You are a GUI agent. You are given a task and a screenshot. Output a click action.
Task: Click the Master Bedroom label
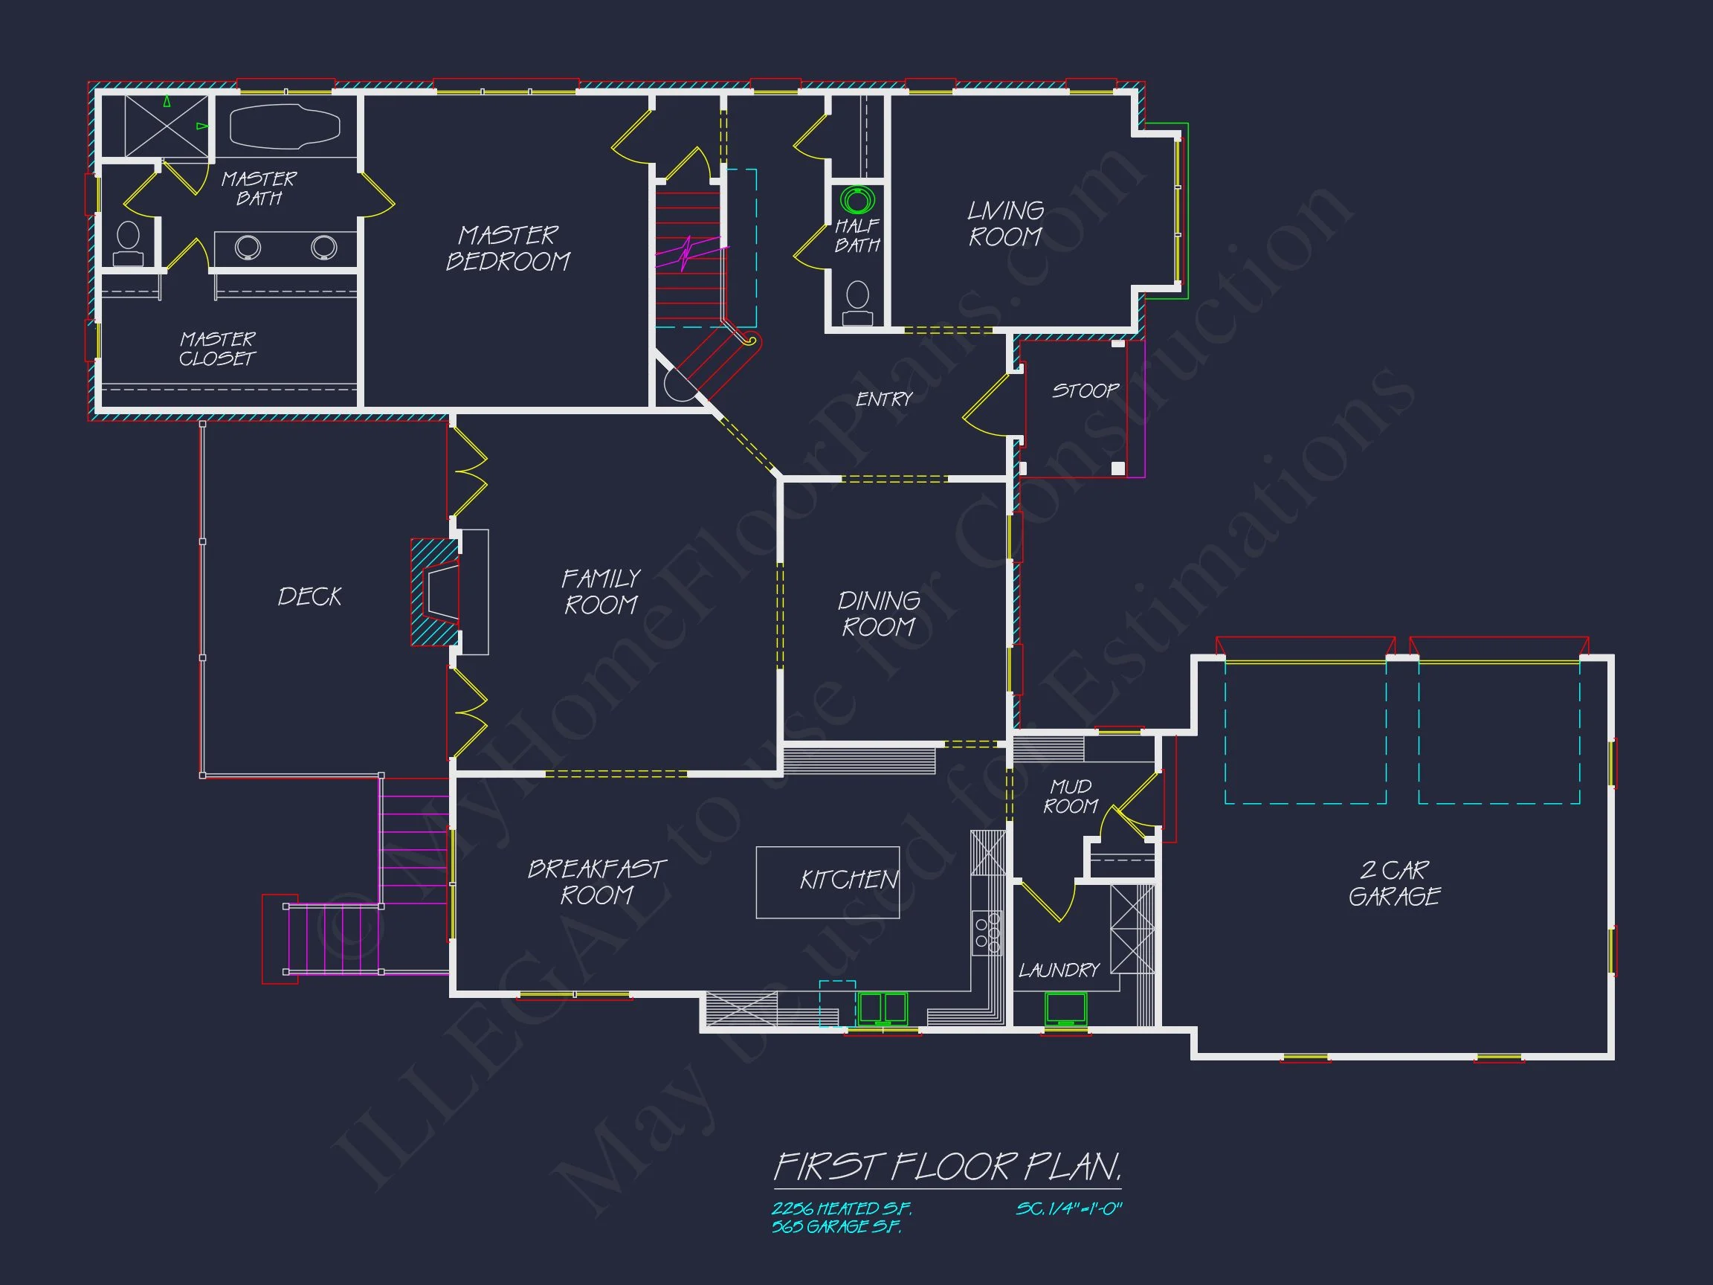coord(508,248)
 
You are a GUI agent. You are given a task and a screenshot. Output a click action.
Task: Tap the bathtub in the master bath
coord(285,126)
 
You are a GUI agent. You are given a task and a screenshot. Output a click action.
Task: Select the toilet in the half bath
coord(857,303)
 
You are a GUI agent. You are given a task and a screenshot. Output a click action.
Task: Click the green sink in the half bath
coord(857,201)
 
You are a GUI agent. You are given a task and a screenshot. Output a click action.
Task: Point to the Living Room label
coord(1005,223)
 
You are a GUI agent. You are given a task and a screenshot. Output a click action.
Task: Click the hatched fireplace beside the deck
coord(433,593)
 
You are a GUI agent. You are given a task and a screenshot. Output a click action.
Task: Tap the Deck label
coord(310,596)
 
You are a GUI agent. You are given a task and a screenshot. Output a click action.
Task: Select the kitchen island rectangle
coord(827,882)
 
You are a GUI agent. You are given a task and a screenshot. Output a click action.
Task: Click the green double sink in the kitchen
coord(882,1008)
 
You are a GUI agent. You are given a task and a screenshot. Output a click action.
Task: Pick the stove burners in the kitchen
coord(987,933)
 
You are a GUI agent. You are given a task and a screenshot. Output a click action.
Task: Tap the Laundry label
coord(1059,970)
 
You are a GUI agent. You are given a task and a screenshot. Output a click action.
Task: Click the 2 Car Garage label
coord(1394,883)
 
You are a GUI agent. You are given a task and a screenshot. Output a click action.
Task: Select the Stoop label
coord(1085,390)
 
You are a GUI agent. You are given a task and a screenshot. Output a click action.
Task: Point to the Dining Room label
coord(879,613)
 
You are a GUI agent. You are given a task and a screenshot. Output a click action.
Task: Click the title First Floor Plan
coord(947,1167)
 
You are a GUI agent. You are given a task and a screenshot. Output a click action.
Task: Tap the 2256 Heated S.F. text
coord(841,1208)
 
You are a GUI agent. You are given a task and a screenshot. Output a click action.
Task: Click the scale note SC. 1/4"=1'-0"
coord(1068,1208)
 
